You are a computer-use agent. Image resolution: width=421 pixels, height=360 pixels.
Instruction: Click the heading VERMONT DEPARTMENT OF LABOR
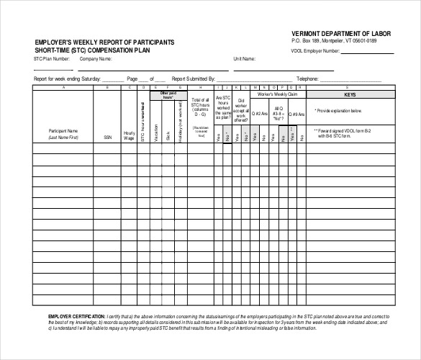(x=340, y=34)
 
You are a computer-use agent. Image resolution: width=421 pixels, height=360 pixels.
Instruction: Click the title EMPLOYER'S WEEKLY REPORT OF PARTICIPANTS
(x=104, y=43)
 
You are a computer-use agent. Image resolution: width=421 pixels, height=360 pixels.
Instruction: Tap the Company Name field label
(x=96, y=59)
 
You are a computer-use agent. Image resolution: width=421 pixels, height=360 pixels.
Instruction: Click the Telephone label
(x=307, y=77)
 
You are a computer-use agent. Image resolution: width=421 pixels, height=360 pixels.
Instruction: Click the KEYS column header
(x=350, y=94)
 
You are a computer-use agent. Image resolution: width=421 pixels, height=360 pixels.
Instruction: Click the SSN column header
(x=107, y=135)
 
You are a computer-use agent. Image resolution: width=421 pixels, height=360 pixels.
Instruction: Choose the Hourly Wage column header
(x=130, y=135)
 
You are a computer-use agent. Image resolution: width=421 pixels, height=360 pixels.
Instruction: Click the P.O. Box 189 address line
(x=334, y=42)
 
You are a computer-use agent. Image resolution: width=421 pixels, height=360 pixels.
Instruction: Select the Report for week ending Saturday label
(x=67, y=77)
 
